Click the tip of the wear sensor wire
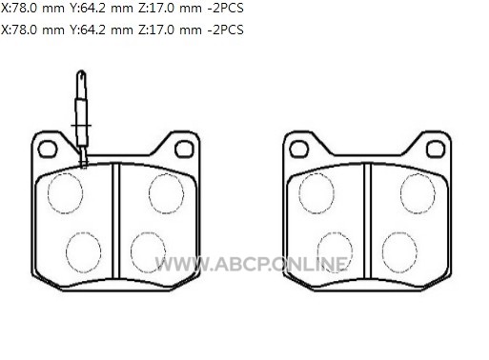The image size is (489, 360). [82, 71]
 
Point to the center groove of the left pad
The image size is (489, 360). [116, 221]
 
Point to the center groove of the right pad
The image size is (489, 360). [368, 221]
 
